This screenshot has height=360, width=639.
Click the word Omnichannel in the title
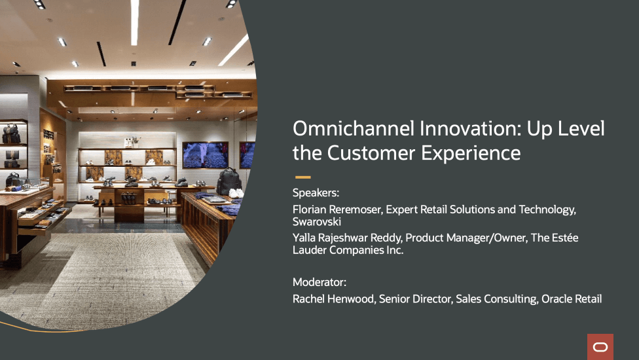click(x=354, y=128)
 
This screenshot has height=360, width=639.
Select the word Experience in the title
click(x=471, y=154)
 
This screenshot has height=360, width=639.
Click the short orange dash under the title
click(x=302, y=177)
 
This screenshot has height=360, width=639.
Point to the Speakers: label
click(x=316, y=192)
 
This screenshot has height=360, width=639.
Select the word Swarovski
click(x=317, y=221)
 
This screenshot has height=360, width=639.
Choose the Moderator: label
click(x=319, y=282)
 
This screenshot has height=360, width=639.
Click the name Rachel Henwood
click(x=333, y=299)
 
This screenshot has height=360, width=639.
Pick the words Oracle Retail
click(x=572, y=299)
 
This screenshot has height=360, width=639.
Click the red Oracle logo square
click(x=600, y=347)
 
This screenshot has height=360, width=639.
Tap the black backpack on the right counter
click(x=228, y=181)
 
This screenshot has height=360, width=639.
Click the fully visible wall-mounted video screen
click(x=205, y=154)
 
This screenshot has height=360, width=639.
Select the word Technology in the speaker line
click(x=547, y=209)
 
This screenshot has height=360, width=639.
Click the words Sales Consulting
click(x=496, y=299)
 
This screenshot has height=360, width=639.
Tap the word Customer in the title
click(x=371, y=154)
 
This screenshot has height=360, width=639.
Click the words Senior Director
click(x=416, y=299)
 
